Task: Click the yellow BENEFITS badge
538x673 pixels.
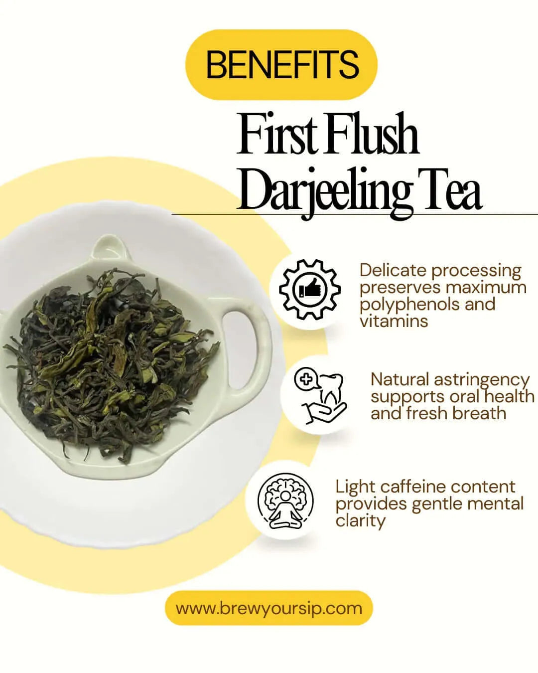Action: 281,65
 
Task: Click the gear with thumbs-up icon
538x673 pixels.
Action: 310,289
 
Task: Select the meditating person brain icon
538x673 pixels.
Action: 285,501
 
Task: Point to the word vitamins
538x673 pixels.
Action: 394,321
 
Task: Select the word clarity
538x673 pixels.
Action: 360,520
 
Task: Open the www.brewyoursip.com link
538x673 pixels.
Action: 269,608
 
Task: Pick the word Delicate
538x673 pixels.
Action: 393,270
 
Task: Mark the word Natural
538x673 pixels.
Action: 400,379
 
